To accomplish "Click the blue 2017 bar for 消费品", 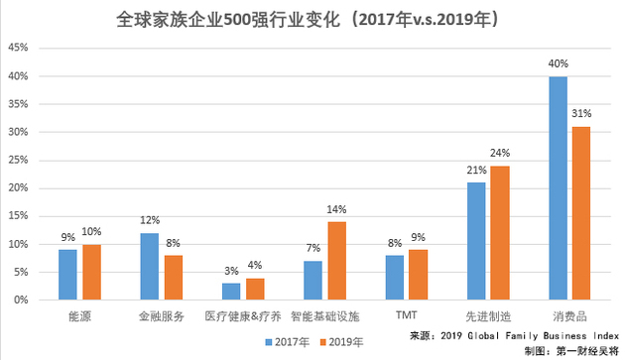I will [x=558, y=188].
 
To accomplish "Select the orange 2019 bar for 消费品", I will [x=581, y=213].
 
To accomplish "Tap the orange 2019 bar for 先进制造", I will [x=499, y=233].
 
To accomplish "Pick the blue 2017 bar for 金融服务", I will [x=149, y=266].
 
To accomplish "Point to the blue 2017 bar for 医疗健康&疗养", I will [x=230, y=291].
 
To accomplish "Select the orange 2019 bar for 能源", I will [x=91, y=272].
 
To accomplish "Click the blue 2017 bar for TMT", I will [x=394, y=278].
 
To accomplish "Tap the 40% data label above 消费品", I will [x=557, y=63].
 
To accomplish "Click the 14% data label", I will [x=338, y=209].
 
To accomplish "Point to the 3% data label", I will [x=230, y=271].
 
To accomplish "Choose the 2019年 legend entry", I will [x=342, y=341].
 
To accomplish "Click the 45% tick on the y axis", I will [x=18, y=49].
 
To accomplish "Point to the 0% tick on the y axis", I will [x=21, y=300].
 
